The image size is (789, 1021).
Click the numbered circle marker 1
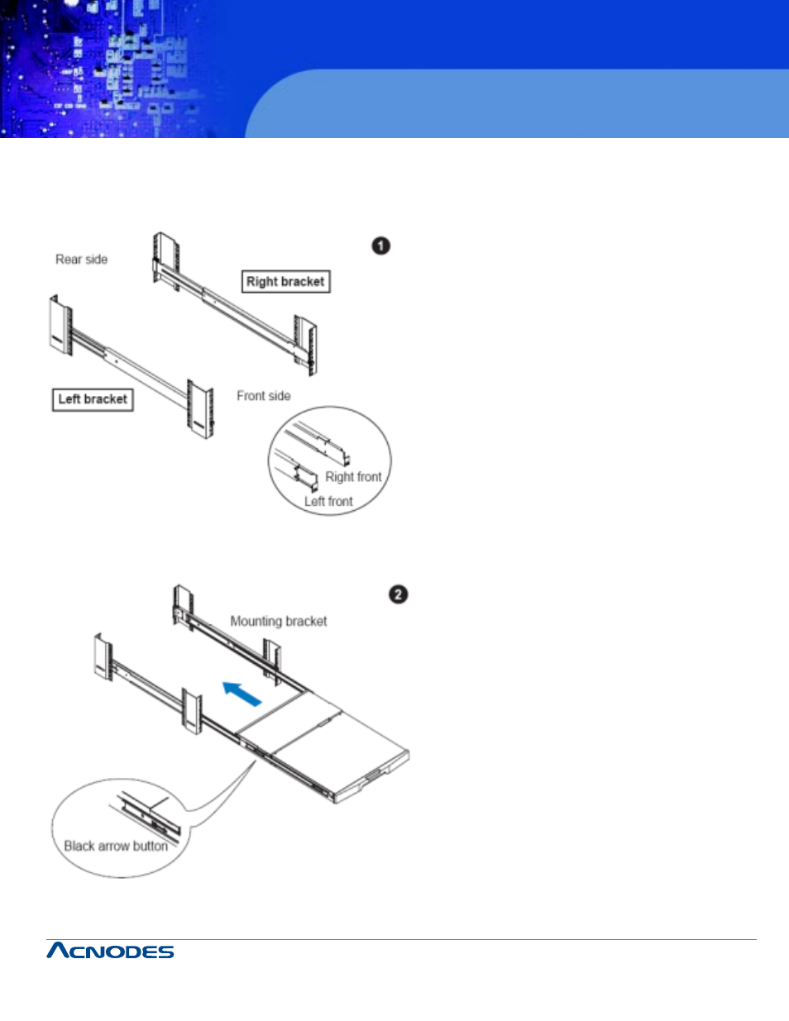(x=380, y=246)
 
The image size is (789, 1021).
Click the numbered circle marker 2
(x=398, y=594)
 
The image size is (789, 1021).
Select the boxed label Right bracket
(x=285, y=281)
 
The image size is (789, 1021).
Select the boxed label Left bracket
(x=93, y=399)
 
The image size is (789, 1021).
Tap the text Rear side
(x=81, y=260)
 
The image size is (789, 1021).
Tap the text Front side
(x=263, y=396)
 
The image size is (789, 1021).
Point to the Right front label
(x=353, y=477)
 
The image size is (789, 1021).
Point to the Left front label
(x=328, y=502)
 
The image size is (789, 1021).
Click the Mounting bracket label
(x=278, y=621)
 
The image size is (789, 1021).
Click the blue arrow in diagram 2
(x=243, y=694)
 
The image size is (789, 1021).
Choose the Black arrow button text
(x=116, y=847)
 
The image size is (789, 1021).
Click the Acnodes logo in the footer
(x=110, y=951)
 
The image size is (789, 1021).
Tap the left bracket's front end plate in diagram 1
(x=200, y=408)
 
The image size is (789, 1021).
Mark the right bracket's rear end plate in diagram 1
(x=165, y=261)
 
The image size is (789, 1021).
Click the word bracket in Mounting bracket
(x=306, y=621)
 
